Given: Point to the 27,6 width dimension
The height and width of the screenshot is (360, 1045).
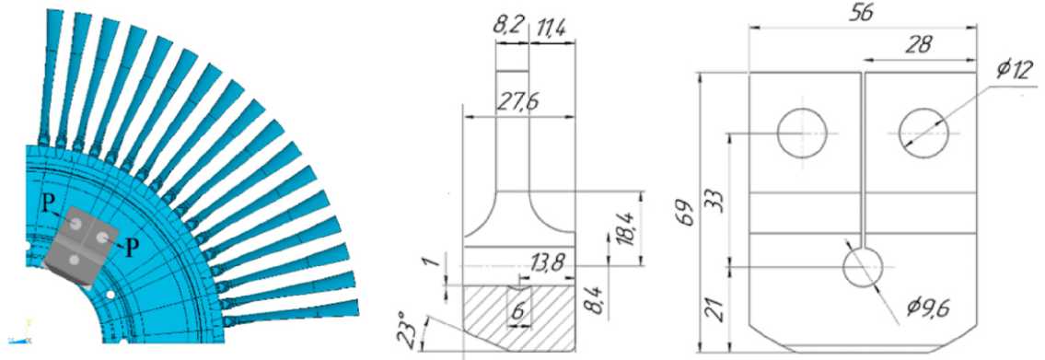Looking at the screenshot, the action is tap(517, 103).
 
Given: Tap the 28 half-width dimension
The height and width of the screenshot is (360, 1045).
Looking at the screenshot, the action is tap(919, 45).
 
